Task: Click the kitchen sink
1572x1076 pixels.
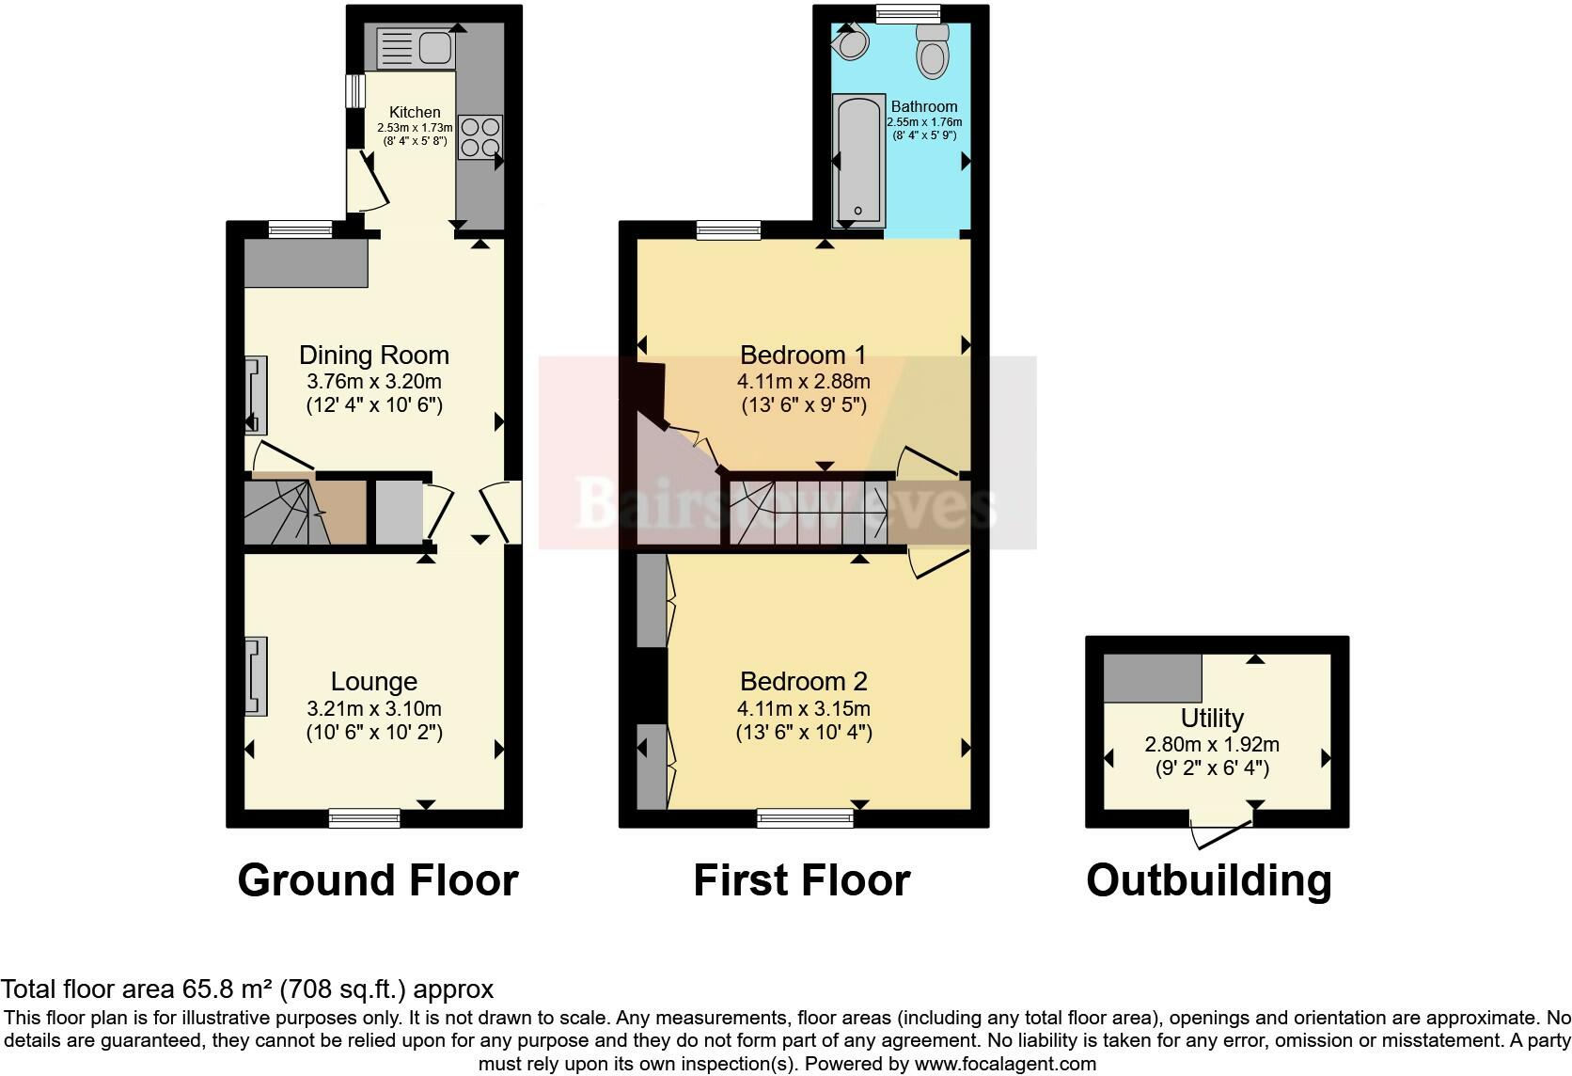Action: tap(415, 48)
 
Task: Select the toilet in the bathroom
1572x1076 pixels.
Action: tap(933, 50)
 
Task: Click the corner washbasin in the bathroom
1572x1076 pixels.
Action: tap(852, 40)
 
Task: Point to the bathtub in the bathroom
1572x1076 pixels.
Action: tap(858, 160)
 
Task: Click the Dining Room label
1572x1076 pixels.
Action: tap(373, 356)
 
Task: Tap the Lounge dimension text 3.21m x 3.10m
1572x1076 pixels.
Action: tap(373, 708)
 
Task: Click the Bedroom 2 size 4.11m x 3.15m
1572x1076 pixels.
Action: tap(803, 708)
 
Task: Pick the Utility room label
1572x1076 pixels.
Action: tap(1211, 719)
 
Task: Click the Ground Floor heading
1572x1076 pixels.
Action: tap(377, 881)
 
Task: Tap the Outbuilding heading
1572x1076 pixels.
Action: tap(1208, 881)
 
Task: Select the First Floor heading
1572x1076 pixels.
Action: tap(801, 881)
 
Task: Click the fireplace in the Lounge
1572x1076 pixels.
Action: tap(255, 675)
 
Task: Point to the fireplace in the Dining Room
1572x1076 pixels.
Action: tap(255, 394)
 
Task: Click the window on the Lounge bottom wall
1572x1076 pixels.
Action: tap(364, 818)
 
